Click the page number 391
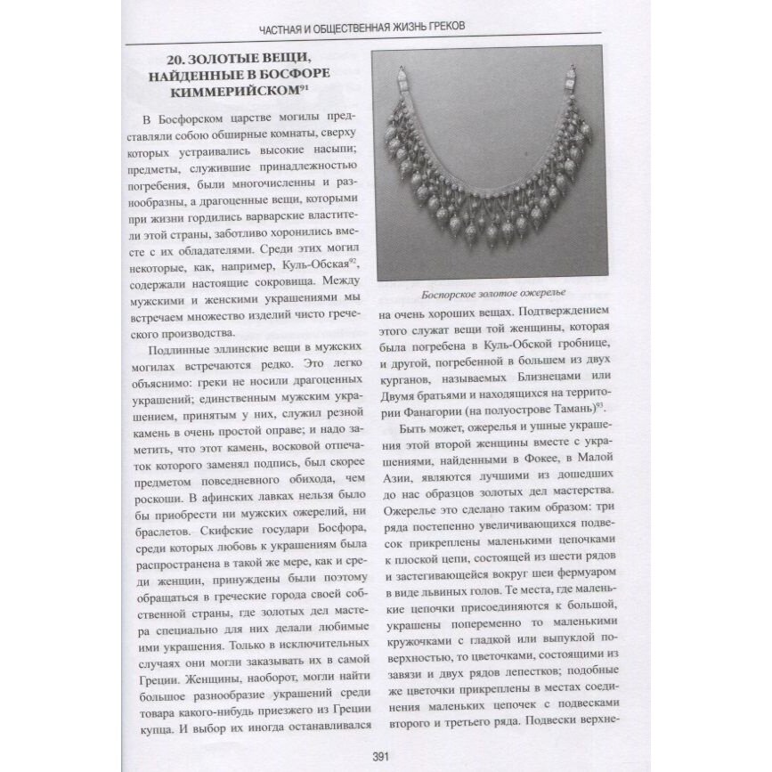point(386,758)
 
